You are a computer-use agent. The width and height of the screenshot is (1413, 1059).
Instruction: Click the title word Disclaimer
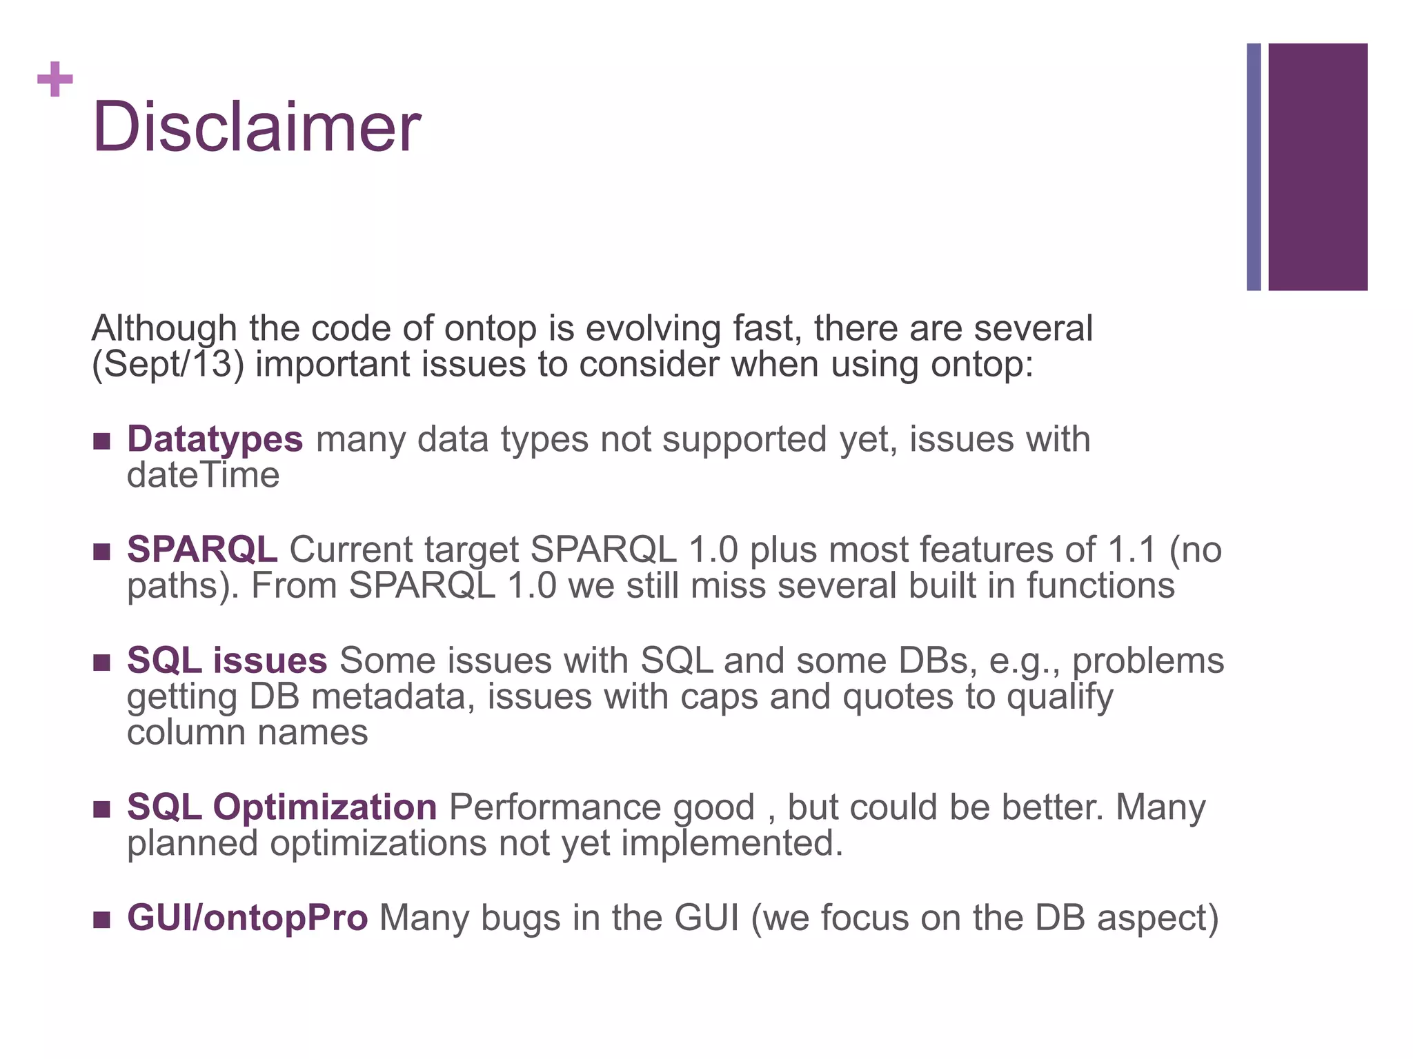point(256,128)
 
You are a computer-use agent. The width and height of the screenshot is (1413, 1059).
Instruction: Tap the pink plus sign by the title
point(55,79)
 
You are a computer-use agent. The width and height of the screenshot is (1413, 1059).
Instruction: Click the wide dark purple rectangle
point(1317,167)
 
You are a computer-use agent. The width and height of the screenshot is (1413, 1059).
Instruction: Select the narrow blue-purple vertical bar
point(1254,167)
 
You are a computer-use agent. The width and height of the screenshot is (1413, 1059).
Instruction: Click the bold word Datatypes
point(215,439)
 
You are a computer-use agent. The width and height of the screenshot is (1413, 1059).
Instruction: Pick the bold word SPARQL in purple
point(201,549)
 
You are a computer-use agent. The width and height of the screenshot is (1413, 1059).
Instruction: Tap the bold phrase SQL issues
point(227,660)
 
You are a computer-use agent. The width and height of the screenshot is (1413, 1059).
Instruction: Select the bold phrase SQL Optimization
point(281,807)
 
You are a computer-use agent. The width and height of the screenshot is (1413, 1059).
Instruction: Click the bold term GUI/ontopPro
point(247,918)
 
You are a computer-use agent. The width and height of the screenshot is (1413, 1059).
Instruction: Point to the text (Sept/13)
point(168,364)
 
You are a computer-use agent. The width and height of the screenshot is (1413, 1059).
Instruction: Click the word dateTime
point(203,475)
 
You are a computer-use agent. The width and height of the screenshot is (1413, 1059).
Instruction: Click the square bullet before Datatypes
point(101,441)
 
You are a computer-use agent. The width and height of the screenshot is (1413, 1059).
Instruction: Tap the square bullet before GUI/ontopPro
point(101,920)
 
